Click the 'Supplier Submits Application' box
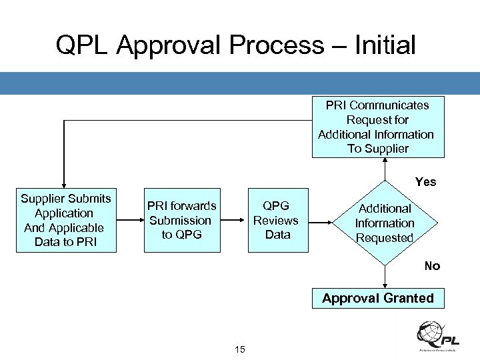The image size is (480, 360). (65, 221)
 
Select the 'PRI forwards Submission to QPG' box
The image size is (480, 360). (181, 220)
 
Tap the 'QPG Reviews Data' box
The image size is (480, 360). (278, 220)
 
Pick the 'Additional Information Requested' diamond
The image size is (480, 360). (385, 223)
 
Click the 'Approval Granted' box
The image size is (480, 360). (378, 299)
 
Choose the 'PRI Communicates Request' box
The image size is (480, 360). (377, 127)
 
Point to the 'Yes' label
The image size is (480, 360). (425, 182)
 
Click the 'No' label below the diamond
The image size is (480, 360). (432, 266)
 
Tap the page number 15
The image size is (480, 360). (240, 349)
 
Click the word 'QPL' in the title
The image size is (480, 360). (84, 45)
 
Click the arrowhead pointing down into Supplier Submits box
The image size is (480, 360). (64, 186)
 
